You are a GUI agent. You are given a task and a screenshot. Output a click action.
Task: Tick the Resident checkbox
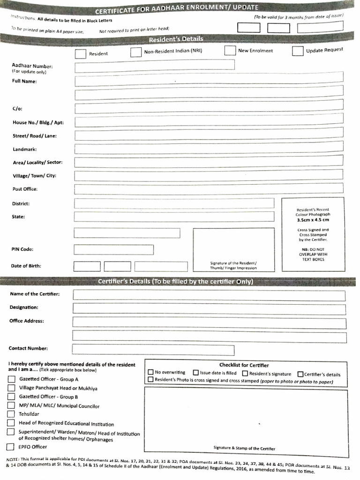click(80, 54)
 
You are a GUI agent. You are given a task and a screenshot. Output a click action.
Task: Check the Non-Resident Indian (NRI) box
click(135, 52)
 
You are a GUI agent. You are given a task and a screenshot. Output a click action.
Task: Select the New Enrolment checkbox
click(230, 51)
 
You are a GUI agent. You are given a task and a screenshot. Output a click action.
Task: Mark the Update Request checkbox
click(297, 51)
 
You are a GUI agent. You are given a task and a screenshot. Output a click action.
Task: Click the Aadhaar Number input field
click(154, 67)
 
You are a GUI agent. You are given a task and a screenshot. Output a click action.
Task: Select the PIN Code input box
click(113, 249)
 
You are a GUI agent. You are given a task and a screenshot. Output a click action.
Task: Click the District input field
click(174, 203)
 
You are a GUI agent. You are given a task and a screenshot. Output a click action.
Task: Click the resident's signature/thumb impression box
click(234, 249)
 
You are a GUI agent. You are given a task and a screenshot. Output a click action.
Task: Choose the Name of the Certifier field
click(209, 295)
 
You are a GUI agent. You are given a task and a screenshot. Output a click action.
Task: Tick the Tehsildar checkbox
click(11, 414)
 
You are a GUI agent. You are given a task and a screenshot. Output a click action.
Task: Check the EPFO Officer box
click(10, 447)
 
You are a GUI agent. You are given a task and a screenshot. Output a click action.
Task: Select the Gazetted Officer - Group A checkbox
click(11, 379)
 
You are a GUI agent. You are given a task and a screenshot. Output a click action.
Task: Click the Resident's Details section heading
click(176, 39)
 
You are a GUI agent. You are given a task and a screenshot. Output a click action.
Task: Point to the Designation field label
click(24, 307)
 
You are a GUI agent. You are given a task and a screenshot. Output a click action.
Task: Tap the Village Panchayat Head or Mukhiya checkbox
click(11, 388)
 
